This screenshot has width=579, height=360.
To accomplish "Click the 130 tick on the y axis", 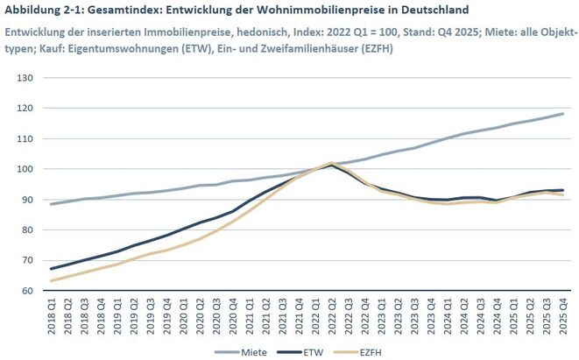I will click(24, 78).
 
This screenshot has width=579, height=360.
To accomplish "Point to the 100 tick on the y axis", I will click(24, 169).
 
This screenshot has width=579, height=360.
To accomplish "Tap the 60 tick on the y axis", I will click(26, 291).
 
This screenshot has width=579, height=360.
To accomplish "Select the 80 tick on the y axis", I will click(26, 230).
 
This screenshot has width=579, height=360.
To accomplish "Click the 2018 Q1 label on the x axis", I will click(53, 317).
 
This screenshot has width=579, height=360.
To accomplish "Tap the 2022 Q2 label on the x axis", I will click(332, 317).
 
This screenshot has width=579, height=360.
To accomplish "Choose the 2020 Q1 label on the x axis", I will click(184, 317).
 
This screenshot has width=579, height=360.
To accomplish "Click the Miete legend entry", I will click(248, 351).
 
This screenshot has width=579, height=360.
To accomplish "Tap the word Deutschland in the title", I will click(430, 11).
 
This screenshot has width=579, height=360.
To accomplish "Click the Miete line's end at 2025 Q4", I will click(561, 114).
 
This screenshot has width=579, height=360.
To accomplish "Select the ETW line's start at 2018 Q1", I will click(53, 269).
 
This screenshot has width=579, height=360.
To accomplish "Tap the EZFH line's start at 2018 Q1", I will click(53, 281).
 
